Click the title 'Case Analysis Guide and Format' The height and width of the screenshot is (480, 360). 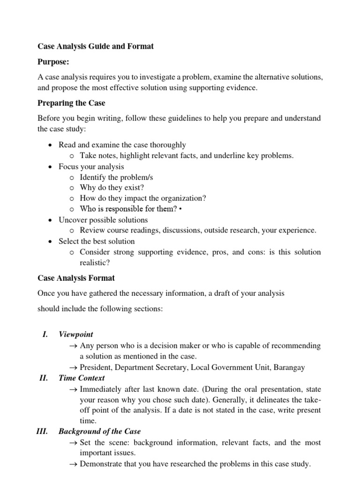[x=95, y=46]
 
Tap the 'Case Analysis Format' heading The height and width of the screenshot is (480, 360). [x=76, y=278]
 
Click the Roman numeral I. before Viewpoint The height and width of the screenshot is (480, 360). [x=45, y=334]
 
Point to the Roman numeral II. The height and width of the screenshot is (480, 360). [x=44, y=378]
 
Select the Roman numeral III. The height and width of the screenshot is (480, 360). [x=42, y=431]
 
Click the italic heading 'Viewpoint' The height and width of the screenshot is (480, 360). [x=75, y=334]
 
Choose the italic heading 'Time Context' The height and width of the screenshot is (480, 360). [x=82, y=378]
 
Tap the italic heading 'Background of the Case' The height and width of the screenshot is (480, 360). [x=99, y=431]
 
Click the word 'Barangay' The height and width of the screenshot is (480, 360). [x=289, y=367]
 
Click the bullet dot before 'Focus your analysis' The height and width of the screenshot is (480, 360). [x=50, y=166]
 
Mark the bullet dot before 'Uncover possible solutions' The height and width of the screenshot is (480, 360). [x=50, y=220]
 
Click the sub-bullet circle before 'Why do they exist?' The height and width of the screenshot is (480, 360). [x=71, y=188]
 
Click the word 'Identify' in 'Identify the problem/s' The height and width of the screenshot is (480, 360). [x=93, y=177]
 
